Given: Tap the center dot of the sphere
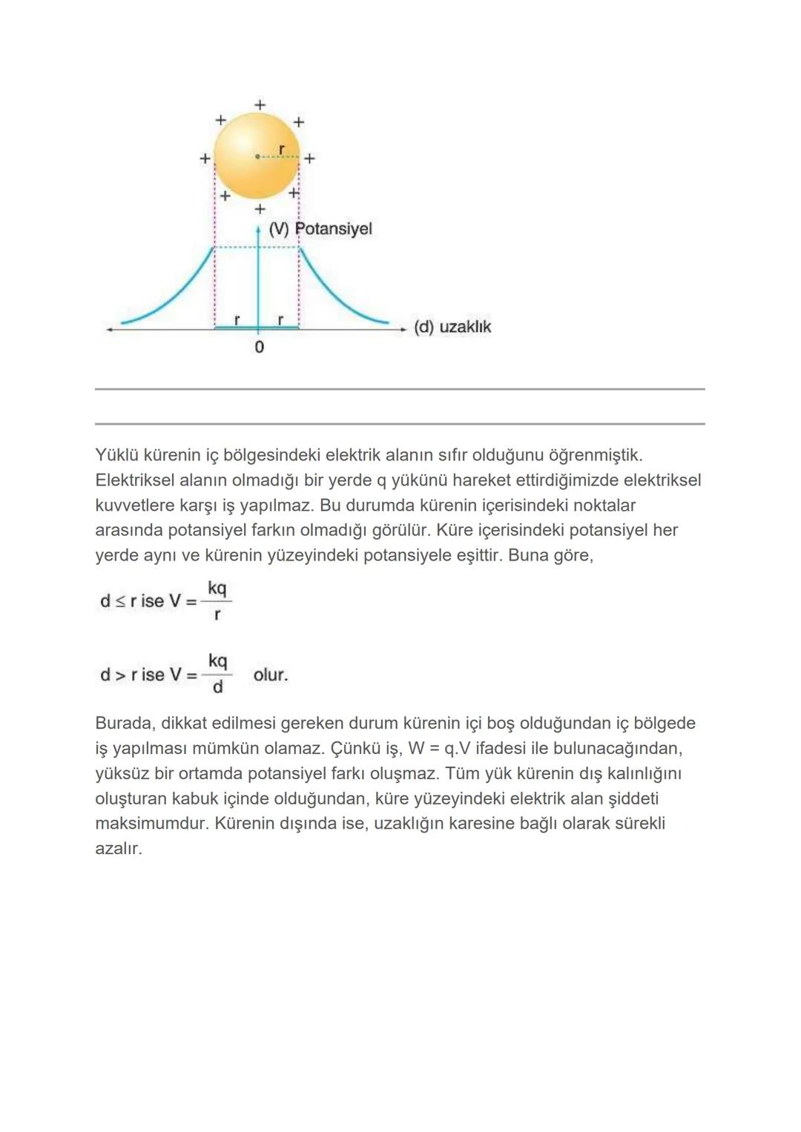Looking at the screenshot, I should click(x=257, y=156).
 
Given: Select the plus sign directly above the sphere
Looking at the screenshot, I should click(x=260, y=105).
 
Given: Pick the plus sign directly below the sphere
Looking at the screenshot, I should click(x=260, y=210).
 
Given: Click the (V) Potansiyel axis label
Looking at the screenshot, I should click(x=320, y=228).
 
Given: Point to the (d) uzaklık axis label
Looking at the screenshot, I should click(x=452, y=327).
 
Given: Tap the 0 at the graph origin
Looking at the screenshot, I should click(x=259, y=347).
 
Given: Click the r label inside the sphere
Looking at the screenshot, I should click(x=281, y=149).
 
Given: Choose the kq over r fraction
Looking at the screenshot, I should click(x=217, y=601).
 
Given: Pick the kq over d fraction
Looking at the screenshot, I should click(x=217, y=674).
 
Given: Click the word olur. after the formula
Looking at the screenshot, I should click(x=271, y=675).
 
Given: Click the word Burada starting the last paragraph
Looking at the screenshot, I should click(x=125, y=724).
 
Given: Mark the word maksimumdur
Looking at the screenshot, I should click(x=151, y=824).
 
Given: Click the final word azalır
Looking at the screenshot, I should click(x=119, y=849).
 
